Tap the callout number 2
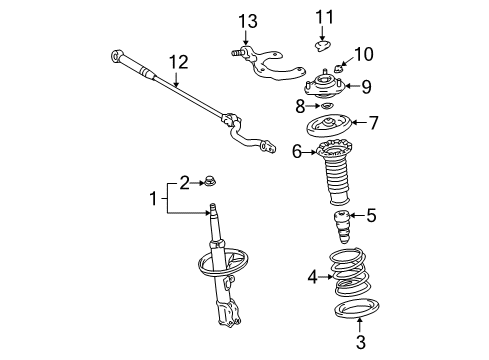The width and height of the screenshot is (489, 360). click(183, 181)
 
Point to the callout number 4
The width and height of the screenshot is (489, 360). click(311, 276)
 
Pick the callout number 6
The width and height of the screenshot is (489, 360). click(297, 151)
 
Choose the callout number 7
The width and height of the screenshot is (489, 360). click(374, 123)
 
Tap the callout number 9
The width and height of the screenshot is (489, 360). click(367, 85)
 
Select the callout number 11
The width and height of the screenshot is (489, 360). click(322, 16)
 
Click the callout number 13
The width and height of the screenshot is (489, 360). click(247, 22)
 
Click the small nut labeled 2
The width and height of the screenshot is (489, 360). click(211, 181)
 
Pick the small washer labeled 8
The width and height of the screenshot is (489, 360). click(324, 105)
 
